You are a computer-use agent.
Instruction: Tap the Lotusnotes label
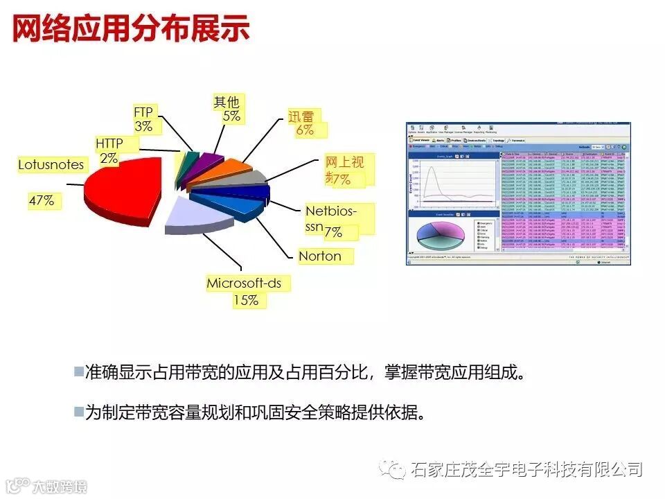[x=51, y=165]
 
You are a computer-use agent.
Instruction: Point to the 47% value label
[x=41, y=201]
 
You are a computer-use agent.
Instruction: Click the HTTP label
[x=109, y=143]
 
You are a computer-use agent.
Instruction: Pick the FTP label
[x=143, y=112]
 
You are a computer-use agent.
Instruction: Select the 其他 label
[x=226, y=103]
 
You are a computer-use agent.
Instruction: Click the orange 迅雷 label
[x=301, y=116]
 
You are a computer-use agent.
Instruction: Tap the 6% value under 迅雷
[x=305, y=130]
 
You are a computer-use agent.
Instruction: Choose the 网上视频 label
[x=344, y=164]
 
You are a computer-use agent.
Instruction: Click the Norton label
[x=320, y=256]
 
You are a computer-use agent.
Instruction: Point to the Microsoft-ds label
[x=248, y=283]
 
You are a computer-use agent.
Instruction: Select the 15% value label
[x=245, y=300]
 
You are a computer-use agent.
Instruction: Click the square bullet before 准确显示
[x=78, y=371]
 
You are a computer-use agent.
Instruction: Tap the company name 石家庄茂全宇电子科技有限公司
[x=526, y=469]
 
